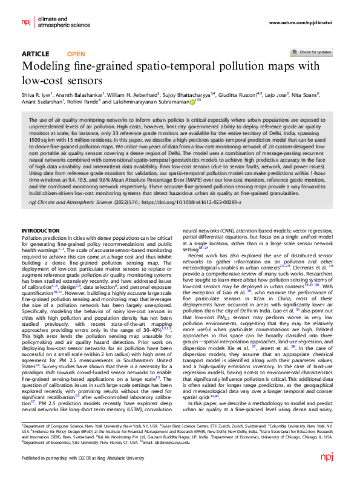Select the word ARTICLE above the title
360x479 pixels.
[36, 54]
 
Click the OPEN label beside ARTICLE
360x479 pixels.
[76, 54]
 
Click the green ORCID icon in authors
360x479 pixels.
[193, 102]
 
